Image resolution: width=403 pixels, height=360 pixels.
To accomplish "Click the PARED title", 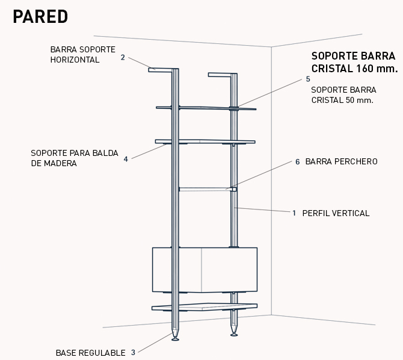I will [40, 17].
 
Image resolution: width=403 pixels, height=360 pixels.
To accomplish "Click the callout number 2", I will [123, 58].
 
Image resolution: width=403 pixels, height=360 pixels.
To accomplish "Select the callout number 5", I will [308, 79].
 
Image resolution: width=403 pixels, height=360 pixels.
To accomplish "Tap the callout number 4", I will [126, 160].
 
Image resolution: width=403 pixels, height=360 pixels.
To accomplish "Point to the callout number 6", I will [297, 162].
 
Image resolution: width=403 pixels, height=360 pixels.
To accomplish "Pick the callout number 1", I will [294, 213].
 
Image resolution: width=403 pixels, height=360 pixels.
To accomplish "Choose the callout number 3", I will [133, 353].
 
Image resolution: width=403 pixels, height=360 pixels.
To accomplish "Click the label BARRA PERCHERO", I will [341, 162].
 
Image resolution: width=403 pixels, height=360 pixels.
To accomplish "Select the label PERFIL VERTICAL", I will [336, 213].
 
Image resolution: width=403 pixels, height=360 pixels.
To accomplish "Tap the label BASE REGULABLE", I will [91, 353].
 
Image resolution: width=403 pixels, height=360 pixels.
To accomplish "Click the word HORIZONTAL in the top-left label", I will [75, 60].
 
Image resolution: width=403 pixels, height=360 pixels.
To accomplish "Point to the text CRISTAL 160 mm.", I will [354, 69].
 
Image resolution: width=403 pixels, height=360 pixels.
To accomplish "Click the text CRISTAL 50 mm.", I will [342, 100].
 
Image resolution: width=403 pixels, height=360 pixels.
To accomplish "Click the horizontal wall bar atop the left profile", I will [161, 70].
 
